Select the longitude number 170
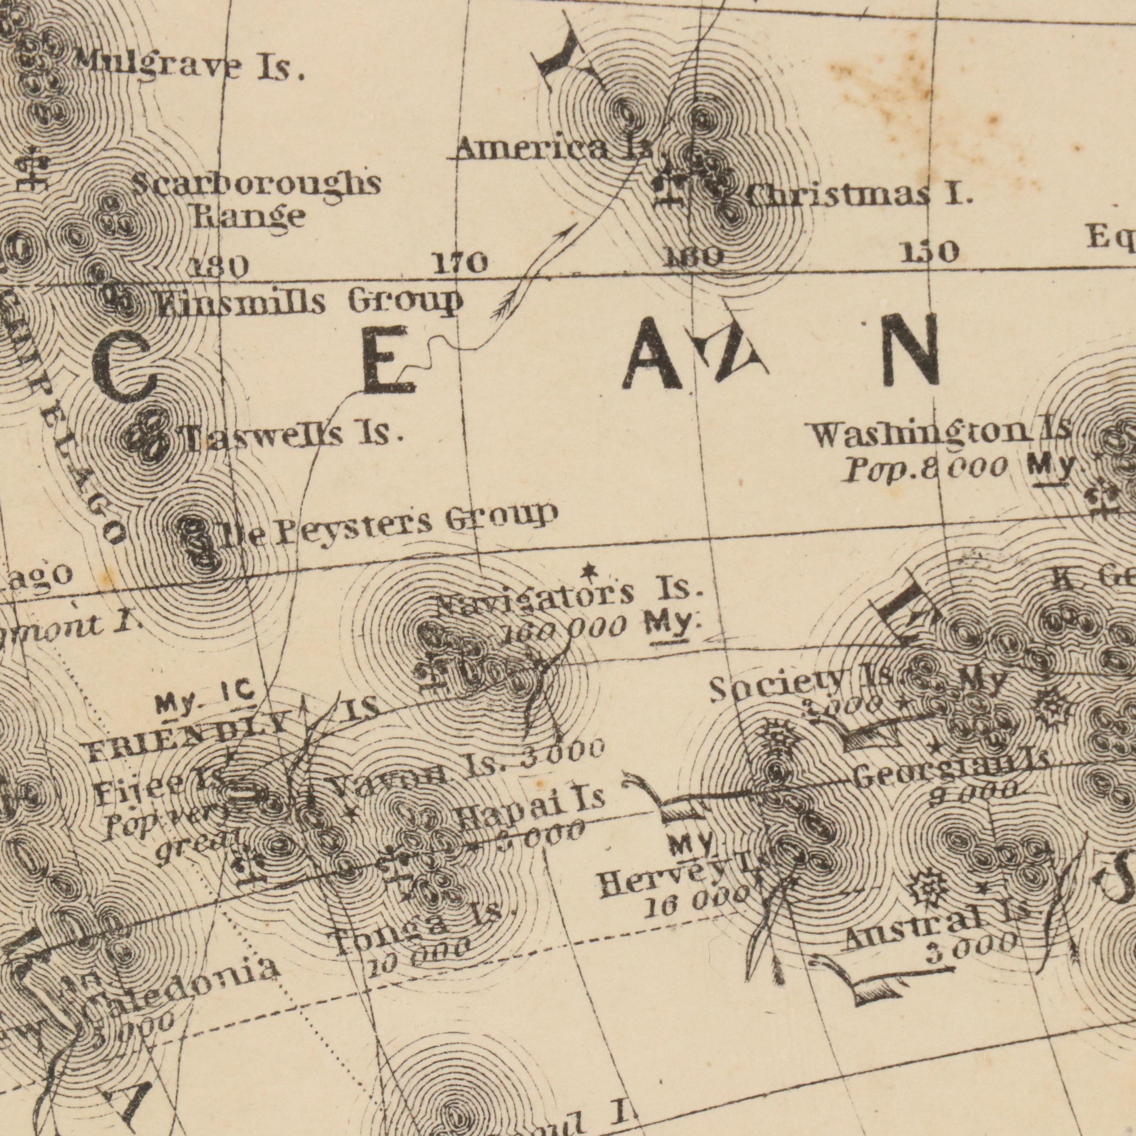(459, 263)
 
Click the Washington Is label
(941, 435)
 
